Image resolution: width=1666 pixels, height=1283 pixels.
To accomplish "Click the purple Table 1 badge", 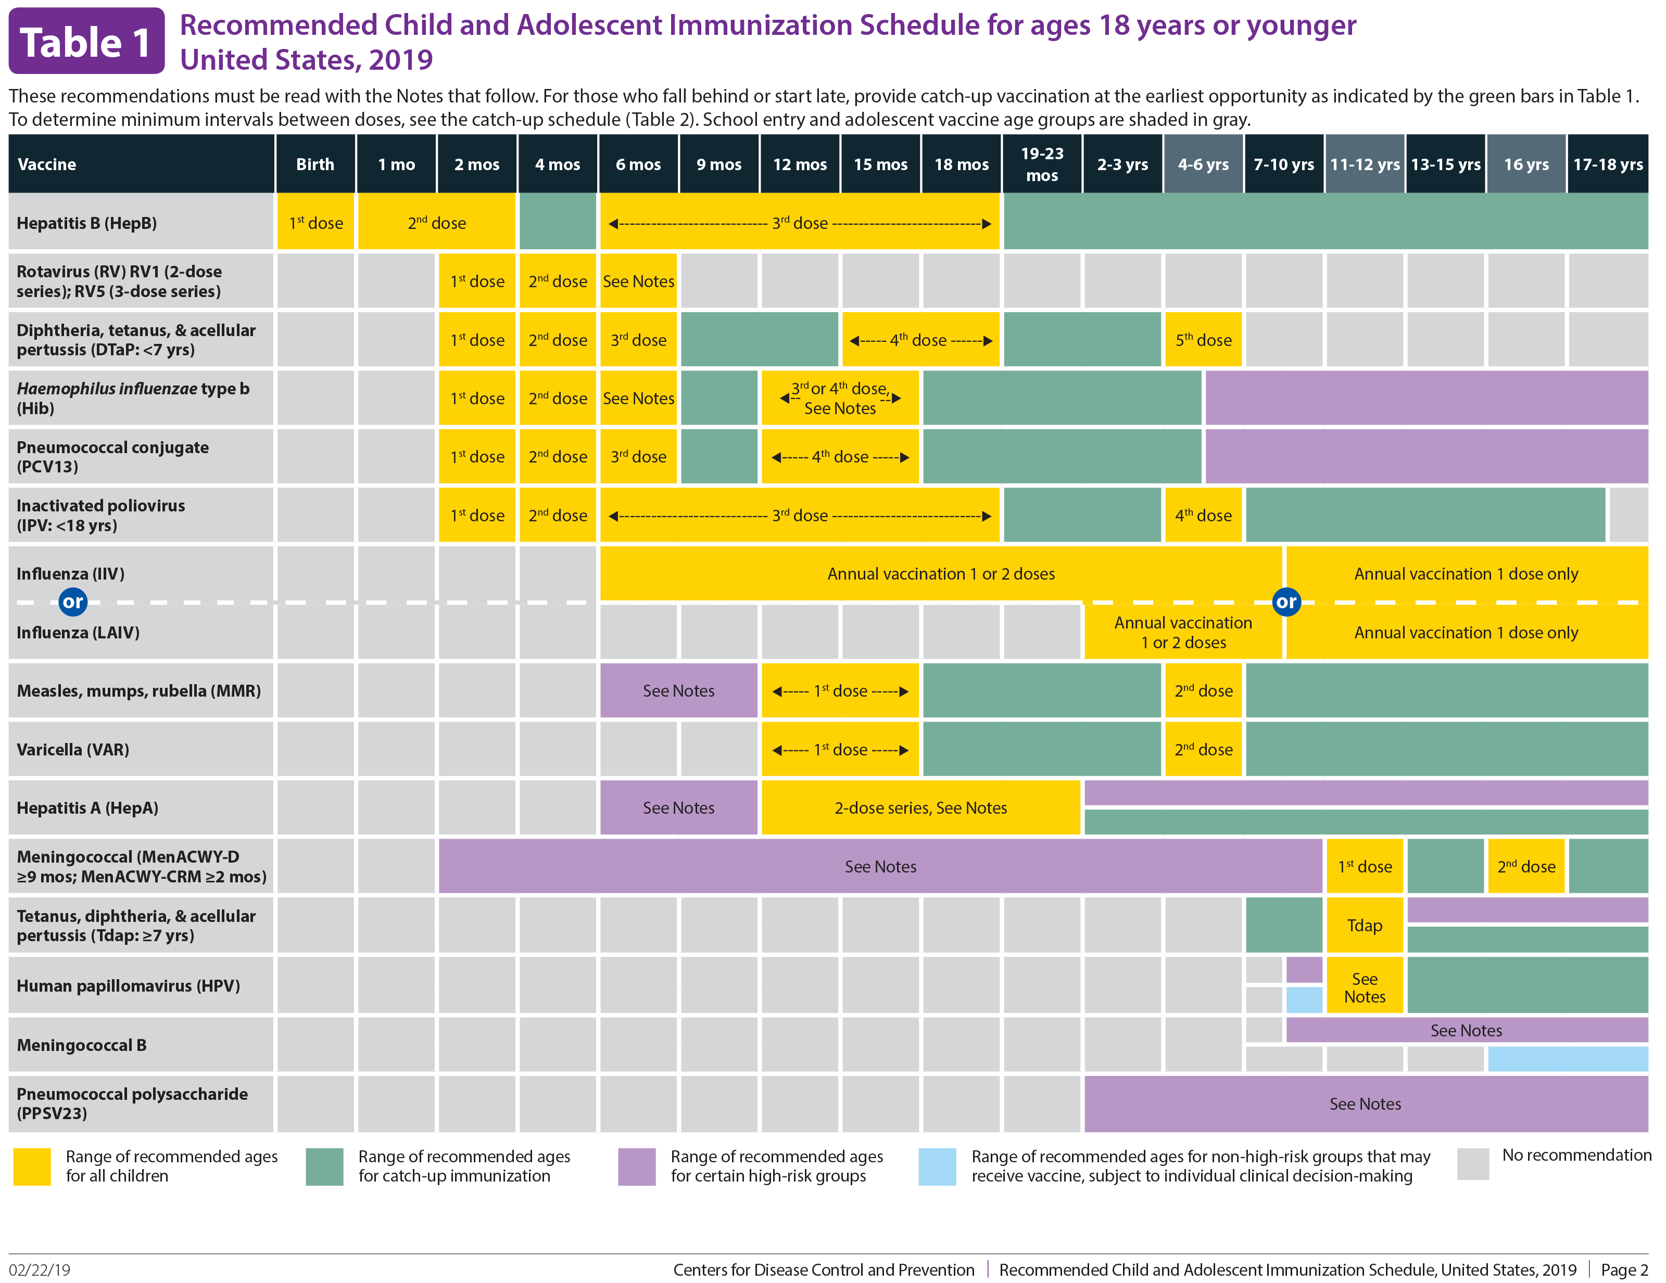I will (86, 41).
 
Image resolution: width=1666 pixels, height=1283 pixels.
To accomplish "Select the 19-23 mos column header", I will (1041, 164).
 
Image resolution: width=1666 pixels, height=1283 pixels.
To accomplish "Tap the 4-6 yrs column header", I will (1203, 164).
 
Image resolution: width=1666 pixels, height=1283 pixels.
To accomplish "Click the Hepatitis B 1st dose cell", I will (315, 223).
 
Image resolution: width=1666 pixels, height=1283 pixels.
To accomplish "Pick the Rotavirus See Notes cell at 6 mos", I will (638, 281).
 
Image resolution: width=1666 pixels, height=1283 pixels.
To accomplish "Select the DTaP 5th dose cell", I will (1203, 340).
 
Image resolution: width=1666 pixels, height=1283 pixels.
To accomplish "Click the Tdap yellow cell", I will (1364, 925).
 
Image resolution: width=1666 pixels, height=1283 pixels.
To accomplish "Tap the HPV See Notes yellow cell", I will (1364, 987).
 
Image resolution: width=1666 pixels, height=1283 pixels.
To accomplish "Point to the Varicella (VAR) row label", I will (73, 749).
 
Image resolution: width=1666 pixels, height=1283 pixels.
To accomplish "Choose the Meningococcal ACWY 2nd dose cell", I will (1525, 866).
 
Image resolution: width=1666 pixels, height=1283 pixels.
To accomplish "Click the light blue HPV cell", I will (1304, 999).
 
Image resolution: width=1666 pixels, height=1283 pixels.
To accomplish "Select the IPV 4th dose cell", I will (1203, 516).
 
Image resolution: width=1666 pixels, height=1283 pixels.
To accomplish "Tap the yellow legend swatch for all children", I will (32, 1166).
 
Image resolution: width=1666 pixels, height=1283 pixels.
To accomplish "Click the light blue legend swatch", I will (937, 1166).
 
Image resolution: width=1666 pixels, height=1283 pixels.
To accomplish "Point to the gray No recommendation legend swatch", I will (1472, 1164).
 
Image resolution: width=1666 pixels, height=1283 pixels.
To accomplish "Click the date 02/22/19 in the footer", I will (40, 1269).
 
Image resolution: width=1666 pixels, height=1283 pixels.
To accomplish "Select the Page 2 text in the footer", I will (1624, 1269).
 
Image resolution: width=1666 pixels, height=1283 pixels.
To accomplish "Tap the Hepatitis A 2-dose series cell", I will (920, 807).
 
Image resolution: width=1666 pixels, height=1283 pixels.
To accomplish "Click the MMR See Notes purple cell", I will (678, 691).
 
